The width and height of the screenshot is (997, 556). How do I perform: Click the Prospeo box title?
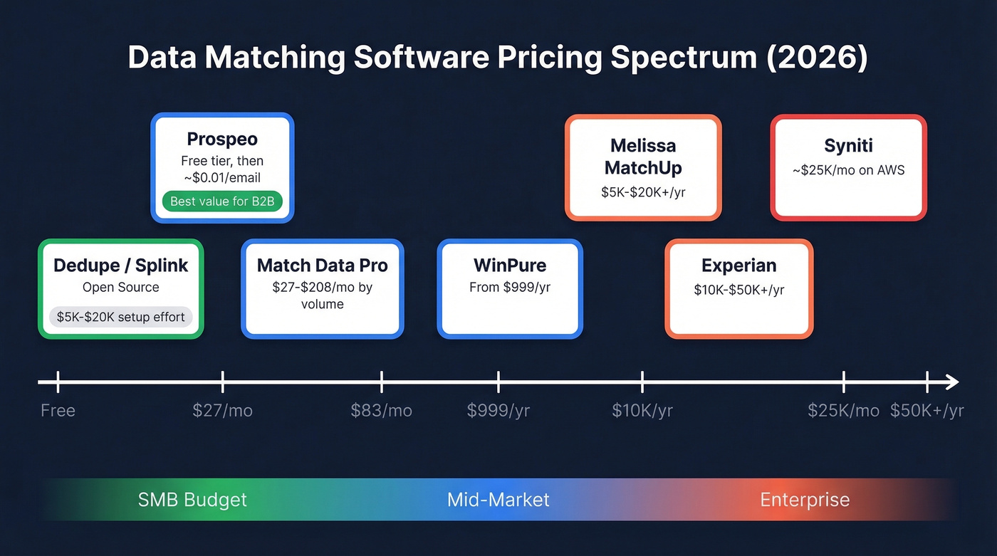tap(222, 139)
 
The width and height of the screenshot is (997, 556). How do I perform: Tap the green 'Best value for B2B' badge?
tap(222, 201)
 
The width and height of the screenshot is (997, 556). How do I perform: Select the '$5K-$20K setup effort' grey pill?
tap(120, 317)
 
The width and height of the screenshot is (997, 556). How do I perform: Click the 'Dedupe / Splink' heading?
tap(120, 266)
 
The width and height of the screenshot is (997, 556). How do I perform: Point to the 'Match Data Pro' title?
tap(322, 266)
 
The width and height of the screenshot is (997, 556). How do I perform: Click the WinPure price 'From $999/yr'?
tap(509, 288)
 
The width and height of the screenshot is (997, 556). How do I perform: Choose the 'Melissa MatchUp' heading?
tap(643, 157)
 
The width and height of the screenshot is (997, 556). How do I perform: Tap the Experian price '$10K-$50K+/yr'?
tap(738, 290)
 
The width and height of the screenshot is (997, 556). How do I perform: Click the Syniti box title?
tap(848, 146)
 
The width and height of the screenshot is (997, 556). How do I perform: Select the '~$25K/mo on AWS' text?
tap(848, 171)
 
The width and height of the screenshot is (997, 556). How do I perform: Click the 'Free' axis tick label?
tap(58, 411)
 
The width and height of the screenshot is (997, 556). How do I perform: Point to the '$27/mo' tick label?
tap(222, 411)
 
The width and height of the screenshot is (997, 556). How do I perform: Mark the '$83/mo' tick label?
tap(381, 411)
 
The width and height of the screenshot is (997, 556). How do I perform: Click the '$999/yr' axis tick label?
tap(498, 411)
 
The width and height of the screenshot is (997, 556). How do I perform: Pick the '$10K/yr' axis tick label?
tap(642, 411)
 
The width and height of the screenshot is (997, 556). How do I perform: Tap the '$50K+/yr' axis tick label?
tap(926, 411)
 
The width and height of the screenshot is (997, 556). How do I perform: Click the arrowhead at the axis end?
tap(952, 383)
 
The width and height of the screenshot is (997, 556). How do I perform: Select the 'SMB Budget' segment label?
tap(192, 500)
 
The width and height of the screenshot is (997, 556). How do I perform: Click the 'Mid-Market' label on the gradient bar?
tap(498, 500)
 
